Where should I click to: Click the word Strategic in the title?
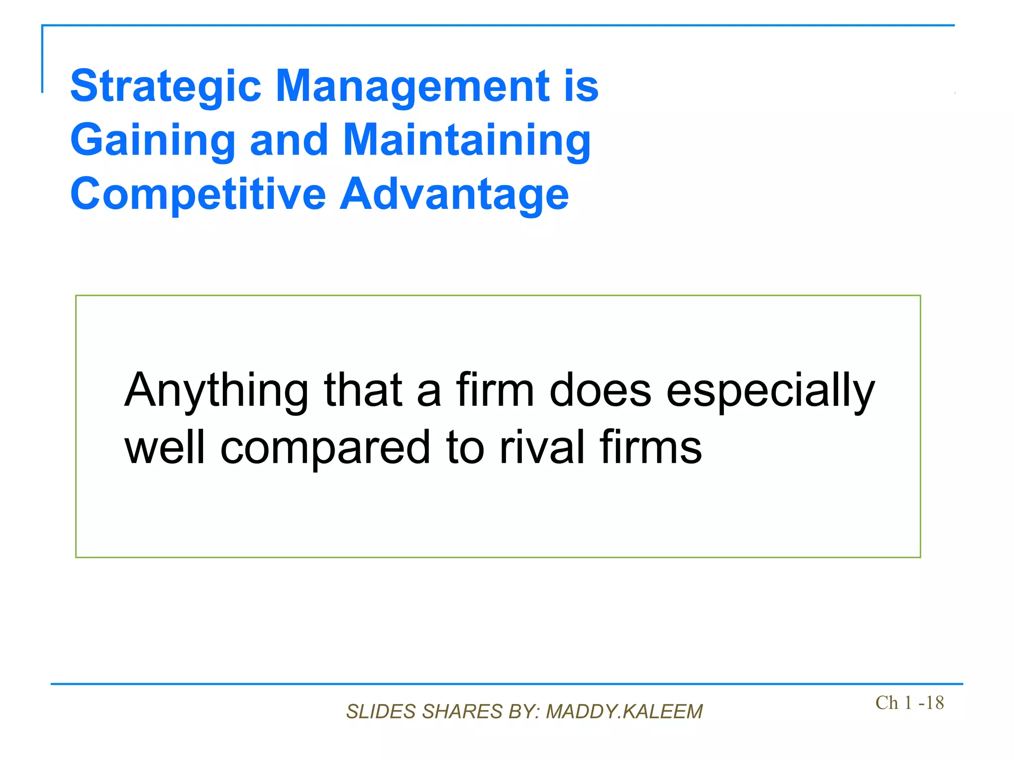[165, 87]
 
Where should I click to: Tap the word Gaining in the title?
[152, 141]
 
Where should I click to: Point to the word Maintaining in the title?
[466, 141]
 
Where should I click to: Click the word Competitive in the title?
[198, 194]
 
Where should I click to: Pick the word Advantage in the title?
[454, 194]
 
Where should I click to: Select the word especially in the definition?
[770, 391]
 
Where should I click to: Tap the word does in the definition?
[600, 390]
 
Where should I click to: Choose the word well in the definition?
[164, 447]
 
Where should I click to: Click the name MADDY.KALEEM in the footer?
[624, 712]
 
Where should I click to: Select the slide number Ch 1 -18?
[909, 703]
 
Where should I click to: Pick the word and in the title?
[289, 141]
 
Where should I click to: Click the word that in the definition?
[363, 390]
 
